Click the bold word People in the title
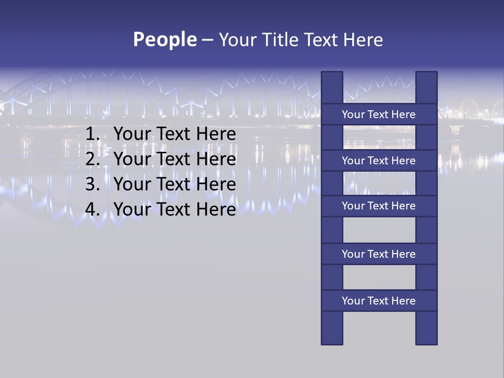(165, 39)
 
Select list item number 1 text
(174, 134)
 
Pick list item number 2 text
(174, 159)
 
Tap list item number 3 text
(174, 184)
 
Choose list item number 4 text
(174, 209)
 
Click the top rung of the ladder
(379, 114)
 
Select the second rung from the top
(379, 161)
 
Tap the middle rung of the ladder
(379, 206)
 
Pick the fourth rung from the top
(379, 254)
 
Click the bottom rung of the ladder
(379, 301)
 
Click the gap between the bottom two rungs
(379, 277)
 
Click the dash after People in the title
(207, 40)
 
